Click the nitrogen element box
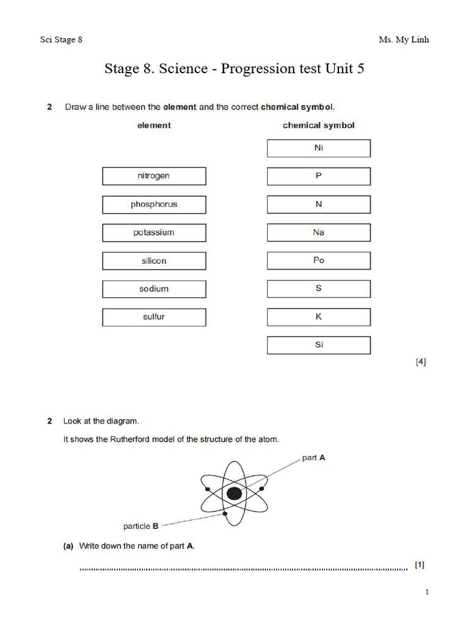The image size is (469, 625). click(154, 176)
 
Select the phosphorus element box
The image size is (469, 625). click(154, 204)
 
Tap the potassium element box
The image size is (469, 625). click(154, 233)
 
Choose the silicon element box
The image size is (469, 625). click(154, 261)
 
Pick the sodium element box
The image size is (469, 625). click(154, 289)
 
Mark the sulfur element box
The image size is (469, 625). click(154, 317)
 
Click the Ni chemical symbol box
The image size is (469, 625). click(318, 148)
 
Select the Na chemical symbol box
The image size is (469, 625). click(318, 233)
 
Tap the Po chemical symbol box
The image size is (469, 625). click(318, 261)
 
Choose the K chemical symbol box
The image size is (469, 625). click(318, 317)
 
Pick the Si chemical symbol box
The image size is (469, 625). click(318, 345)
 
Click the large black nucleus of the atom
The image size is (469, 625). click(234, 493)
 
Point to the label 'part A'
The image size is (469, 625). click(313, 458)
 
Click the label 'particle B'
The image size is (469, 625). click(140, 526)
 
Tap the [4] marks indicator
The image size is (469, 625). click(421, 362)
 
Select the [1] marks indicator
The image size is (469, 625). click(420, 565)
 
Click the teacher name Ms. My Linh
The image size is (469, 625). click(404, 40)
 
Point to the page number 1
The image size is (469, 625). click(427, 592)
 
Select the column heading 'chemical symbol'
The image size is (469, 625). click(318, 125)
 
